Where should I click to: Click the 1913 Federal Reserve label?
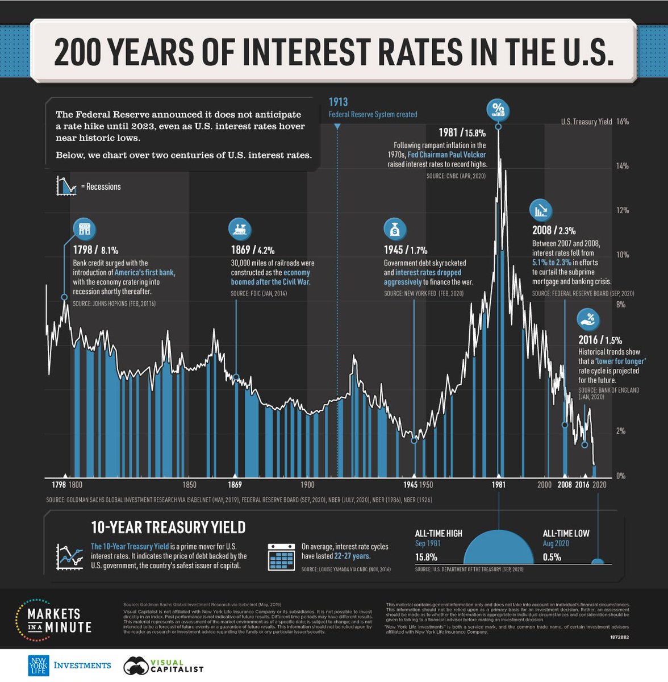pos(372,109)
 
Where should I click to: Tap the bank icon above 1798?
pos(85,228)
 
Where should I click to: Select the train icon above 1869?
pos(240,228)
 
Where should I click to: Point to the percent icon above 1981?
pos(498,109)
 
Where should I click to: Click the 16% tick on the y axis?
pos(621,122)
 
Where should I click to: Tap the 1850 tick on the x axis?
pos(190,485)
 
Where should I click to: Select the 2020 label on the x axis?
pos(599,485)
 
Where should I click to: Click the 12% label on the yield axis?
pos(621,210)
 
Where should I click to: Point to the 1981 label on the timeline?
pos(498,485)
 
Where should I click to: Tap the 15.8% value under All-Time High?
pos(427,557)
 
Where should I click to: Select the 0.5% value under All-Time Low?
pos(552,557)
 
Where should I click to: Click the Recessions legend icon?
pos(66,186)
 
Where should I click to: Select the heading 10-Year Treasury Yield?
pos(168,527)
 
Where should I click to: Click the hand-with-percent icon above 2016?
pos(588,319)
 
